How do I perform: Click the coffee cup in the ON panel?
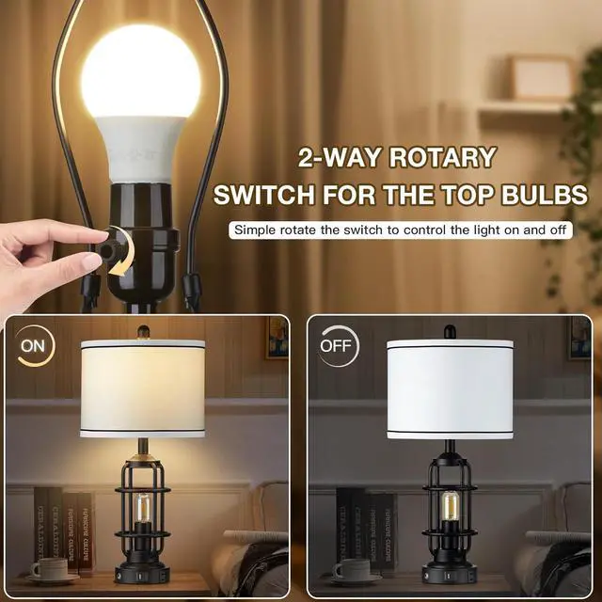48,568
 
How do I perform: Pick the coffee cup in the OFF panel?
352,568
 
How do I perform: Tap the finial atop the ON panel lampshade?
144,331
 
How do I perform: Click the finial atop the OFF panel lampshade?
449,330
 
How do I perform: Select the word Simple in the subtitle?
257,230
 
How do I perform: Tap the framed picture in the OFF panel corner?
579,339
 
